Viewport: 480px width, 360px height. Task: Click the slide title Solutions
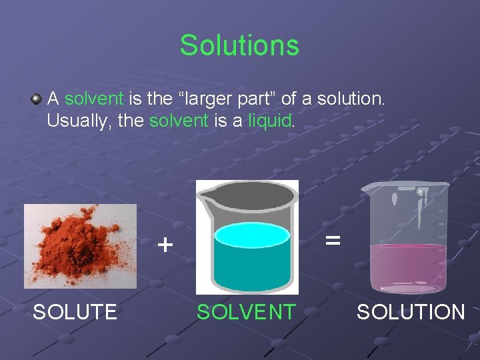[239, 45]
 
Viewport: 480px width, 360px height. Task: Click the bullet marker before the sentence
[36, 99]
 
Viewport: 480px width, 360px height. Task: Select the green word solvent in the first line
[94, 99]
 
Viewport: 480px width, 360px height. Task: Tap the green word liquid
[269, 121]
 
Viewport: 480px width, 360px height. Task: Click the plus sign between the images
[165, 245]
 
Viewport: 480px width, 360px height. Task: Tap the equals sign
[333, 239]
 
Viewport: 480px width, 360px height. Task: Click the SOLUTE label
[75, 311]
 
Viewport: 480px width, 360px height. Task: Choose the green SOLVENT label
[245, 311]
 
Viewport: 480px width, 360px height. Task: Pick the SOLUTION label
[411, 311]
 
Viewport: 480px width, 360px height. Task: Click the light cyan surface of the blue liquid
[251, 235]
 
